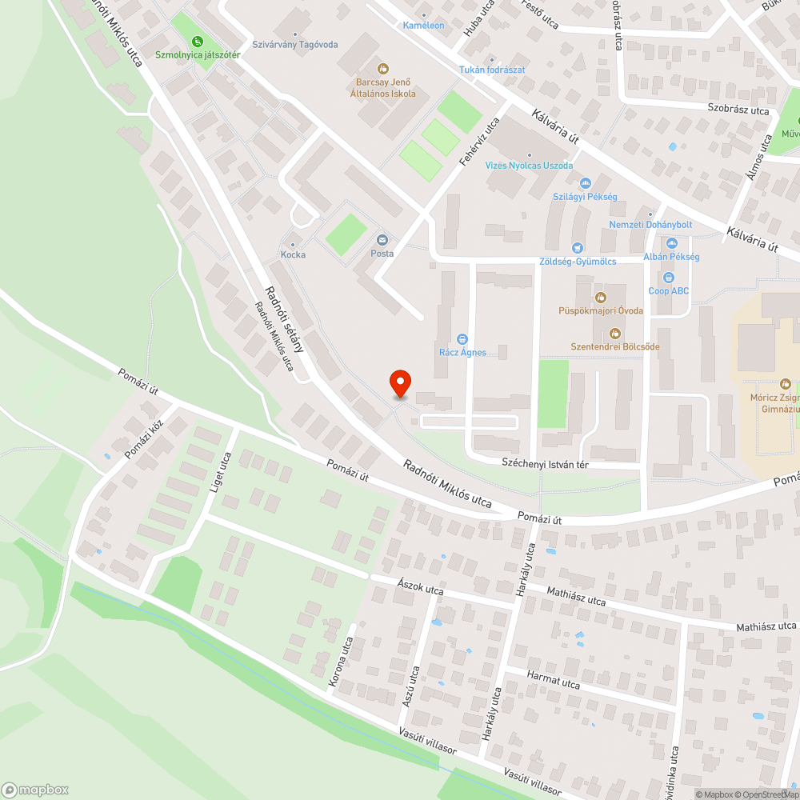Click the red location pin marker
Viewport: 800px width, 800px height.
399,384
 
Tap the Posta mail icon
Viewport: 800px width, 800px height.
382,240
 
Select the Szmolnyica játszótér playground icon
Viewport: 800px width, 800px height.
198,42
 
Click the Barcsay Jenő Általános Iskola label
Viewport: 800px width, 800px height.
383,87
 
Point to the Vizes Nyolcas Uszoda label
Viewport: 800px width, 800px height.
530,166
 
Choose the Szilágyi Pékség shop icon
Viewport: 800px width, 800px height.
585,183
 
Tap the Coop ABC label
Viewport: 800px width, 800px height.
668,291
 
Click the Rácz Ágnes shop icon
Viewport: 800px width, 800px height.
462,338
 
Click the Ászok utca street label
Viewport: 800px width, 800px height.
420,590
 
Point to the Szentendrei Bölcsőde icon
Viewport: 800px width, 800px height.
615,333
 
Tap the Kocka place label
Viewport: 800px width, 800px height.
293,254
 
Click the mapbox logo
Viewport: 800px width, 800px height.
36,788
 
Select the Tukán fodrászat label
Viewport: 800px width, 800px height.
492,70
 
